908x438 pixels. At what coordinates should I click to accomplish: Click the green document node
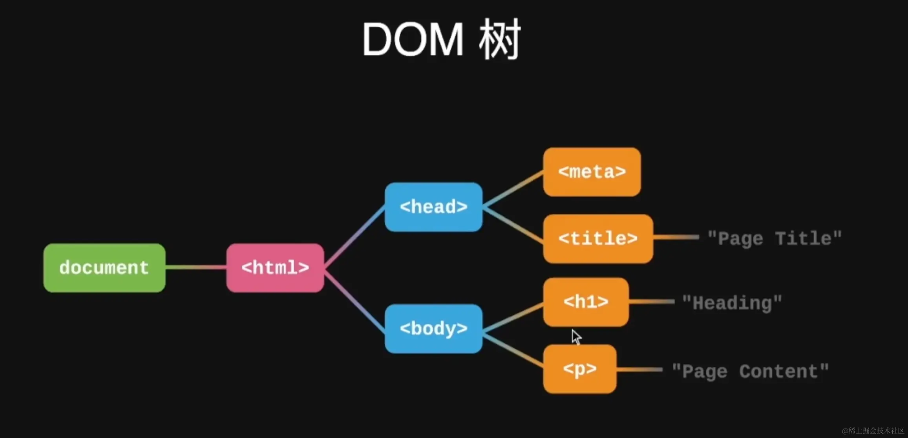[x=104, y=268]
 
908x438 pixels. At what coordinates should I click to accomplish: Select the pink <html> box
[x=275, y=268]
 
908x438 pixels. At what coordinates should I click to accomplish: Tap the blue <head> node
[x=433, y=207]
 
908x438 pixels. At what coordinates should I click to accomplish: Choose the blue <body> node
[x=433, y=328]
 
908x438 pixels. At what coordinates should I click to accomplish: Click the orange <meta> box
[x=592, y=172]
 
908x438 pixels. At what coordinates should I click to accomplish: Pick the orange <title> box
[x=598, y=238]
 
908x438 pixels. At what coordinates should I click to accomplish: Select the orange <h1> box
[x=586, y=302]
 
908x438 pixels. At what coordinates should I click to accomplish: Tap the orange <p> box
[x=580, y=369]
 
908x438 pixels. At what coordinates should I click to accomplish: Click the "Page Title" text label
[x=775, y=238]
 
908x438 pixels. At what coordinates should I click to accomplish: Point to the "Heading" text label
[x=732, y=303]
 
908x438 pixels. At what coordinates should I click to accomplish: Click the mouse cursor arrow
[x=576, y=337]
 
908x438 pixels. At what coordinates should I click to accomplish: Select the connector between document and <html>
[x=196, y=268]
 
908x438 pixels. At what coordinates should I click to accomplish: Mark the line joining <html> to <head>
[x=354, y=237]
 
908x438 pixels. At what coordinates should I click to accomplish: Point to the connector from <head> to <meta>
[x=513, y=189]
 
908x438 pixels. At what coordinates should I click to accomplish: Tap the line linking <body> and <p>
[x=513, y=350]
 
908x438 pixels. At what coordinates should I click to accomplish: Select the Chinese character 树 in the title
[x=500, y=39]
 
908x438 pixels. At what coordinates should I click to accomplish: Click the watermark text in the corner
[x=873, y=431]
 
